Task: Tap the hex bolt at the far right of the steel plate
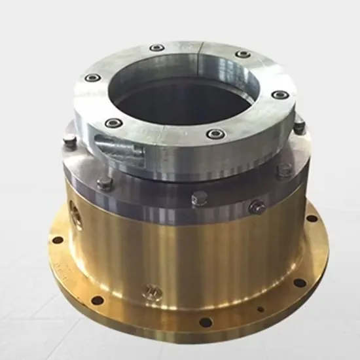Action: [299, 126]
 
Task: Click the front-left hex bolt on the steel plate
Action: [103, 183]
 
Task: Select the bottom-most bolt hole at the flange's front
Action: [205, 322]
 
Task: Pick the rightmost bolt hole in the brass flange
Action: [312, 219]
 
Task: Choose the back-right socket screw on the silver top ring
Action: [243, 54]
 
